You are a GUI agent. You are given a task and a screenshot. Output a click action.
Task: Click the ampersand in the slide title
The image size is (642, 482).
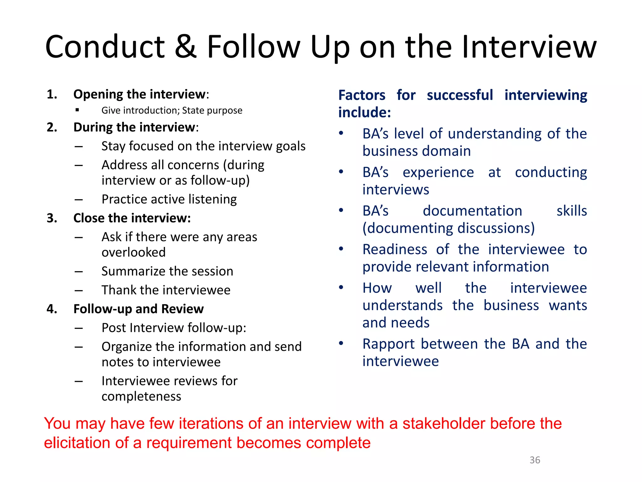[x=186, y=47]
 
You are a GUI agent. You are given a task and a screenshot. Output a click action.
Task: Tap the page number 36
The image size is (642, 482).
[x=535, y=460]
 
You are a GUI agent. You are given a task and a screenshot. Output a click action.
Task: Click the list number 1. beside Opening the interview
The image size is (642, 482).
[x=52, y=94]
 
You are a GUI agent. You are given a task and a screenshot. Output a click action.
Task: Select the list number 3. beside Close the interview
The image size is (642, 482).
[x=52, y=218]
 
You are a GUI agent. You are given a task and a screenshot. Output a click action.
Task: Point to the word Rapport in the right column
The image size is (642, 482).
[x=389, y=344]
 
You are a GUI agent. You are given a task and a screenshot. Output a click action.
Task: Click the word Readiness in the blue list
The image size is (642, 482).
[x=395, y=250]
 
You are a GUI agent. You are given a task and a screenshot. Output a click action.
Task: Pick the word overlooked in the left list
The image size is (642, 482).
[x=134, y=253]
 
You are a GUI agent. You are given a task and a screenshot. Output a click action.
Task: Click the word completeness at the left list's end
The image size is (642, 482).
[x=141, y=397]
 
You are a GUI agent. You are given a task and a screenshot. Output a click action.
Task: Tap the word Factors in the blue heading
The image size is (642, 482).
[x=362, y=95]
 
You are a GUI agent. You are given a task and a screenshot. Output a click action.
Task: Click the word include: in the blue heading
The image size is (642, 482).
[x=365, y=113]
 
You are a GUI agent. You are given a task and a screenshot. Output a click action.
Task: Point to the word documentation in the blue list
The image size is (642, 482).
[x=472, y=211]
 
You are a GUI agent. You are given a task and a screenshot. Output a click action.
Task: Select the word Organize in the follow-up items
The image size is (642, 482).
[x=126, y=347]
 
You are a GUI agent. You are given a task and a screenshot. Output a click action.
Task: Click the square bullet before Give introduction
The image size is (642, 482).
[x=77, y=110]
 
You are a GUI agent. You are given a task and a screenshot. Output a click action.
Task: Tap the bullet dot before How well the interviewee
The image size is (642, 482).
[x=341, y=287]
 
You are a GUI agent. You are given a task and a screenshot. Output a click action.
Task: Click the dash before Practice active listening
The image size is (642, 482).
[x=79, y=200]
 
